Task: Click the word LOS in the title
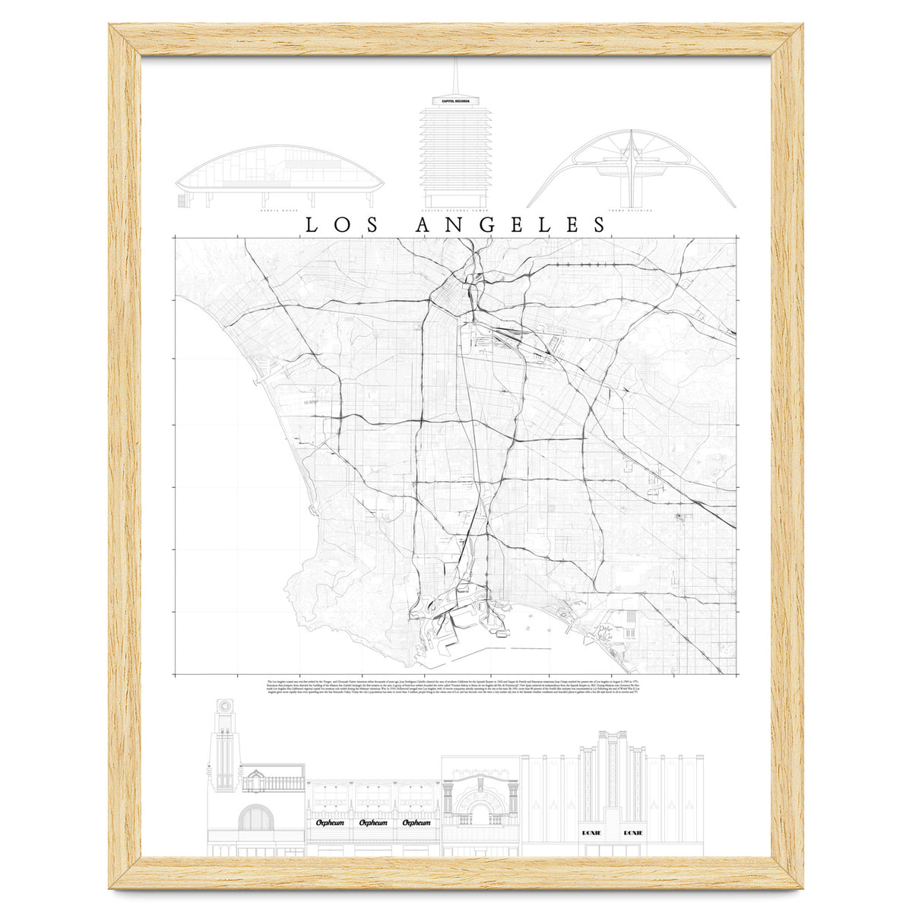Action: point(340,225)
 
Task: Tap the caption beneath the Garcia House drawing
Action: point(280,207)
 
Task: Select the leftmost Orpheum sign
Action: point(326,822)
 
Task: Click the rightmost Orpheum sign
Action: point(416,822)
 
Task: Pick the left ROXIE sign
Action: point(591,833)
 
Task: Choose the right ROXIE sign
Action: point(632,833)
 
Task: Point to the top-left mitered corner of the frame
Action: point(125,39)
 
